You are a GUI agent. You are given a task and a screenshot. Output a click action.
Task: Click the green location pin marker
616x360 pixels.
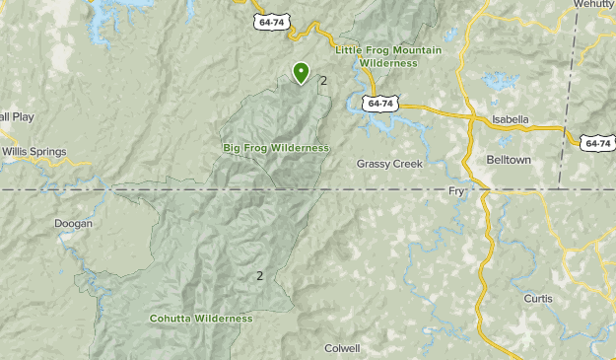point(301,72)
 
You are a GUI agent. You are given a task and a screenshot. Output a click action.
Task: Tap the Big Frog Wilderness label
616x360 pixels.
point(275,148)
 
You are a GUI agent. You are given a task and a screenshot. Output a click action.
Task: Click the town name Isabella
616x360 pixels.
point(511,119)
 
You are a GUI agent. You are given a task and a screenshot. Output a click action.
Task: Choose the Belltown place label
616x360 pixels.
point(509,158)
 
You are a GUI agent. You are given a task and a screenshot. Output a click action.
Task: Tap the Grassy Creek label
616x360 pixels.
point(389,163)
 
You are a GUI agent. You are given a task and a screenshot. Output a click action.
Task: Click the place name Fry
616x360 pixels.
point(455,190)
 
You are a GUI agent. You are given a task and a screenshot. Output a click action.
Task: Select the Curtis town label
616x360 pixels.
point(538,298)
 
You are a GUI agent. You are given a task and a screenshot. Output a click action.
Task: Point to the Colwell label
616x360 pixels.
point(342,348)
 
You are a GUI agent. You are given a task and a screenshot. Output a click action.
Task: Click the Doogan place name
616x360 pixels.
point(74,224)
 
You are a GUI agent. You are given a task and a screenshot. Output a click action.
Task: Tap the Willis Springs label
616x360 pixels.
point(34,152)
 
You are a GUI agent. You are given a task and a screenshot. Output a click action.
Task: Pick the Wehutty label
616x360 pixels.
point(593,5)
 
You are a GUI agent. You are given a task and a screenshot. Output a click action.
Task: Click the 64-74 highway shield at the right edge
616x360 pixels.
point(597,142)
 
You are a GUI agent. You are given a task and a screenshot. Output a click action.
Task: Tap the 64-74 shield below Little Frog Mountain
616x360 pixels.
point(378,103)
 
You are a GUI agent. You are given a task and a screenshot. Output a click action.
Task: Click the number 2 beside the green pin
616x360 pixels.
point(323,81)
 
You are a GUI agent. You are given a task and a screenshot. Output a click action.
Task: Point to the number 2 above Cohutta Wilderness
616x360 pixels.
point(260,276)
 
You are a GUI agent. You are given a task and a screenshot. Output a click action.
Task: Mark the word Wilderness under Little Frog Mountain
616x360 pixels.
point(388,62)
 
